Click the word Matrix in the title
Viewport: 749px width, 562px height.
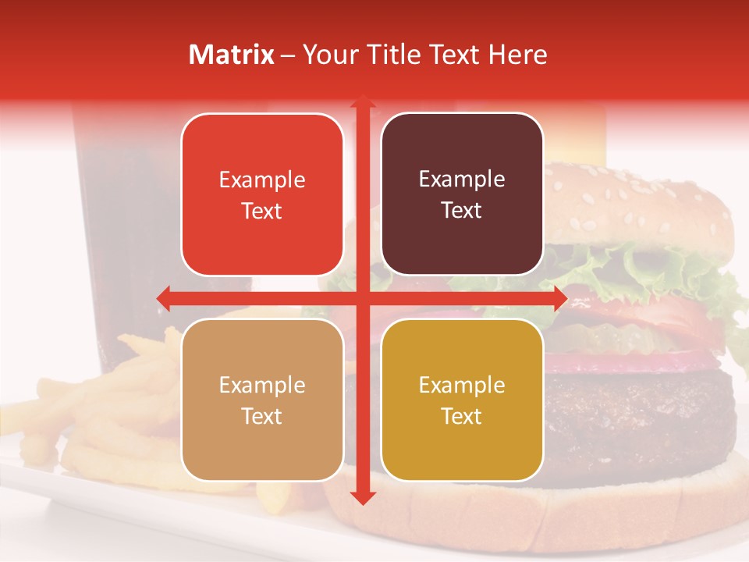pos(232,55)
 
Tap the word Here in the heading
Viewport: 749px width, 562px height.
pos(517,55)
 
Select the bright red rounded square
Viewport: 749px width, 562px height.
pos(262,194)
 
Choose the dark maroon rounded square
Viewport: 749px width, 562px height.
pos(462,194)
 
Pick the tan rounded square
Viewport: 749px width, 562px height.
pos(262,400)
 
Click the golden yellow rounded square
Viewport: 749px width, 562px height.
pos(462,400)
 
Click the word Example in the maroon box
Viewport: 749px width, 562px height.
pos(462,180)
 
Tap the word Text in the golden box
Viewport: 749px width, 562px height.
pos(462,416)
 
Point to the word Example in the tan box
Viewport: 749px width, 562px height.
pos(262,385)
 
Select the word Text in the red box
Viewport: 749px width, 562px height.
pos(262,211)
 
